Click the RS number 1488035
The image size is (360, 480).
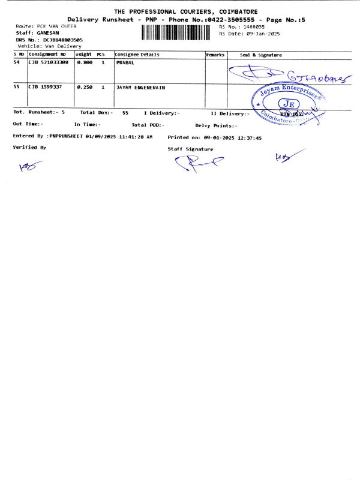253,27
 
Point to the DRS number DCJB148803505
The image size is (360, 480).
62,40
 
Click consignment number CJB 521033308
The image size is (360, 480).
49,62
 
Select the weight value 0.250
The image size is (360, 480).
84,88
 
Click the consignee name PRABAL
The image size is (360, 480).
125,62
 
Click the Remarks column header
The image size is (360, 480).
215,55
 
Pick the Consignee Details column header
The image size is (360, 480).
137,55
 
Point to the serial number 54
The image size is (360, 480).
17,62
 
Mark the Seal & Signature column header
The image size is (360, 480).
261,55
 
